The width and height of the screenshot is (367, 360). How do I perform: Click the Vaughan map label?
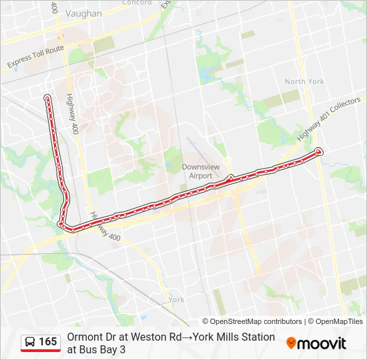(x=85, y=13)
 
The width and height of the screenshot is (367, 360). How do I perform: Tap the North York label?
(x=304, y=81)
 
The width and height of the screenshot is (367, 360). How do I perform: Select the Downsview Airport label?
(x=198, y=171)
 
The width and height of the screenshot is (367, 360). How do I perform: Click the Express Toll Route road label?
(x=35, y=58)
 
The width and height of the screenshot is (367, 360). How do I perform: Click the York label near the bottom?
(x=176, y=300)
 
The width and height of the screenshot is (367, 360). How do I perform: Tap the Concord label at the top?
(x=137, y=3)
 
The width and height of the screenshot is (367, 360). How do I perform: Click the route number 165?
(x=48, y=342)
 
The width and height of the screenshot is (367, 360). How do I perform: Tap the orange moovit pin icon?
(x=291, y=343)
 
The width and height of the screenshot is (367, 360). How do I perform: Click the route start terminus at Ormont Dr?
(x=47, y=98)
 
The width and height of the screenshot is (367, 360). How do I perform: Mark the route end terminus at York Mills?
(x=320, y=151)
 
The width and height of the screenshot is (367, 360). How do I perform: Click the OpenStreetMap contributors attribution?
(x=252, y=321)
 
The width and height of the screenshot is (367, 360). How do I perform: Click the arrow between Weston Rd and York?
(x=188, y=337)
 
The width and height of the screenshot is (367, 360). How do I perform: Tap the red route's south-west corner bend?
(x=63, y=225)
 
